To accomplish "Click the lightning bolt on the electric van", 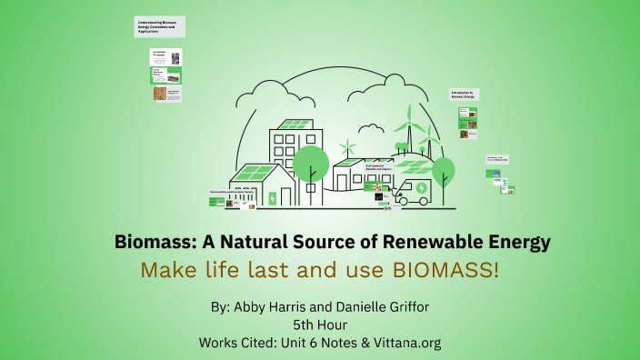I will (x=417, y=193).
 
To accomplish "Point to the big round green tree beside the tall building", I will (x=311, y=162).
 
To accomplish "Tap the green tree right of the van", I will (x=444, y=170).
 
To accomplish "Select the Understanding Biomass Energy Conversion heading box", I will (x=159, y=25).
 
